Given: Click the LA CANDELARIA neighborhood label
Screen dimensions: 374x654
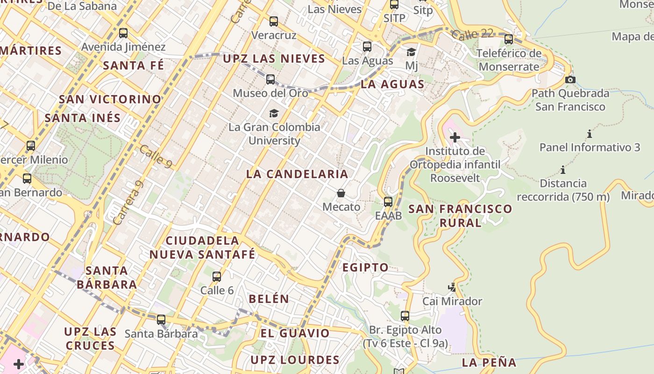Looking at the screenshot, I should pyautogui.click(x=297, y=174).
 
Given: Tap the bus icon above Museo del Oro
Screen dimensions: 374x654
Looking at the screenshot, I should pyautogui.click(x=270, y=79).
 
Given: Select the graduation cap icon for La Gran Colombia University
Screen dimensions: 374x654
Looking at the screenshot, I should pyautogui.click(x=274, y=113).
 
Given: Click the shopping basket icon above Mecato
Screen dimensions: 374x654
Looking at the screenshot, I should pyautogui.click(x=341, y=193).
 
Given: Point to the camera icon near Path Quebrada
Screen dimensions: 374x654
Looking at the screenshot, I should pyautogui.click(x=570, y=79).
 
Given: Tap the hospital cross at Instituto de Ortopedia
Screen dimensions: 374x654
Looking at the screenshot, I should pyautogui.click(x=455, y=137).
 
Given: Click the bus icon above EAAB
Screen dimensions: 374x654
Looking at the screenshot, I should pyautogui.click(x=388, y=202).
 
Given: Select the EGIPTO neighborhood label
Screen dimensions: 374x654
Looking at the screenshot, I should pyautogui.click(x=365, y=267).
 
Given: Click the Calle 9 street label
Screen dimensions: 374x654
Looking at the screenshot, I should pyautogui.click(x=155, y=157).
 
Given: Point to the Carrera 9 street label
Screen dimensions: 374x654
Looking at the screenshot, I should pyautogui.click(x=128, y=202).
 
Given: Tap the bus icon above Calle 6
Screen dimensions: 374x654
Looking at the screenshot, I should pyautogui.click(x=217, y=277).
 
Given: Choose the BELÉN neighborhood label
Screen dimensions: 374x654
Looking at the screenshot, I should pyautogui.click(x=269, y=299).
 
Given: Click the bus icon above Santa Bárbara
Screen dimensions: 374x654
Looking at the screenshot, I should pyautogui.click(x=161, y=320).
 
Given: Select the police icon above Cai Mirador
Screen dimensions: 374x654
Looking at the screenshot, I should pyautogui.click(x=452, y=287).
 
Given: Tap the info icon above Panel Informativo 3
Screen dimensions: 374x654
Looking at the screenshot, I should pyautogui.click(x=590, y=134).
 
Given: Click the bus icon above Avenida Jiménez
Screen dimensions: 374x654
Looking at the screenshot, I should pyautogui.click(x=123, y=33).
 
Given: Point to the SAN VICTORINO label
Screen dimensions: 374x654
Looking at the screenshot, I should pyautogui.click(x=110, y=99).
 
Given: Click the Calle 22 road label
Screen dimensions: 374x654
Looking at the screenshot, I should pyautogui.click(x=472, y=34).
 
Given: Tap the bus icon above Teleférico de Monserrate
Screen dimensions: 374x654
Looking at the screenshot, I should pyautogui.click(x=509, y=39).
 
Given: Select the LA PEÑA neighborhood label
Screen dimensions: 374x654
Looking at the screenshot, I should pyautogui.click(x=489, y=362).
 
